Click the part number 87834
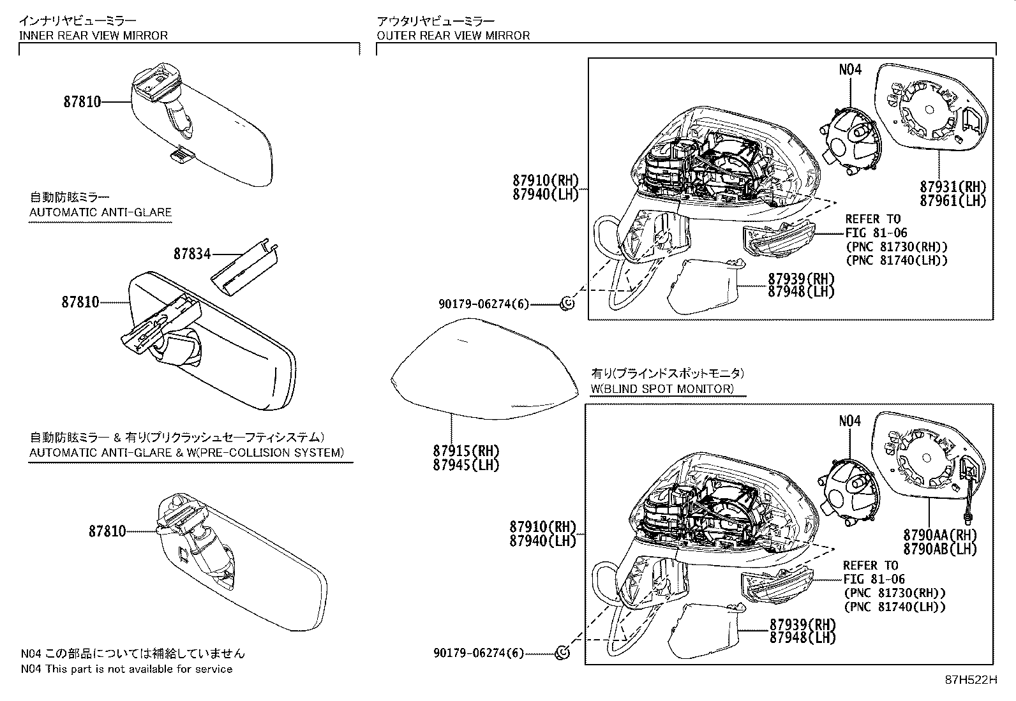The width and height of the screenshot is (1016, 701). click(x=192, y=254)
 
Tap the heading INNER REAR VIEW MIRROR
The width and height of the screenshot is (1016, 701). click(x=93, y=35)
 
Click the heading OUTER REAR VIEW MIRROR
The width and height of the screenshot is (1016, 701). click(x=453, y=35)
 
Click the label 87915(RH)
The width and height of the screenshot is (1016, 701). click(x=466, y=450)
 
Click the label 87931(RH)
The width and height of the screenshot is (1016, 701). click(x=953, y=187)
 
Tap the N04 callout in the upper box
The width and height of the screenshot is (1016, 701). click(x=849, y=70)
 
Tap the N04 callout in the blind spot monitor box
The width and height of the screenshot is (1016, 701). click(x=849, y=421)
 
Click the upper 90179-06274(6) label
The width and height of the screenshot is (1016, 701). click(x=484, y=304)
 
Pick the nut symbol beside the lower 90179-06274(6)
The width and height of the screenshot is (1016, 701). click(x=563, y=653)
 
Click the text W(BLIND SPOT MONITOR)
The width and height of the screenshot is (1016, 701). click(x=663, y=388)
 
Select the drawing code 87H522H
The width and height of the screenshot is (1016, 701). click(x=971, y=680)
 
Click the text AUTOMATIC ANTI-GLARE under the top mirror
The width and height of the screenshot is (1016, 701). click(x=101, y=212)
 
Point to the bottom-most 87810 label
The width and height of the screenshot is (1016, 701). click(x=107, y=531)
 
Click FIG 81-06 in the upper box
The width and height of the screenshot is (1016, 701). click(x=876, y=233)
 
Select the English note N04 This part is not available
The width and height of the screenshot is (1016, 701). click(x=126, y=669)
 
